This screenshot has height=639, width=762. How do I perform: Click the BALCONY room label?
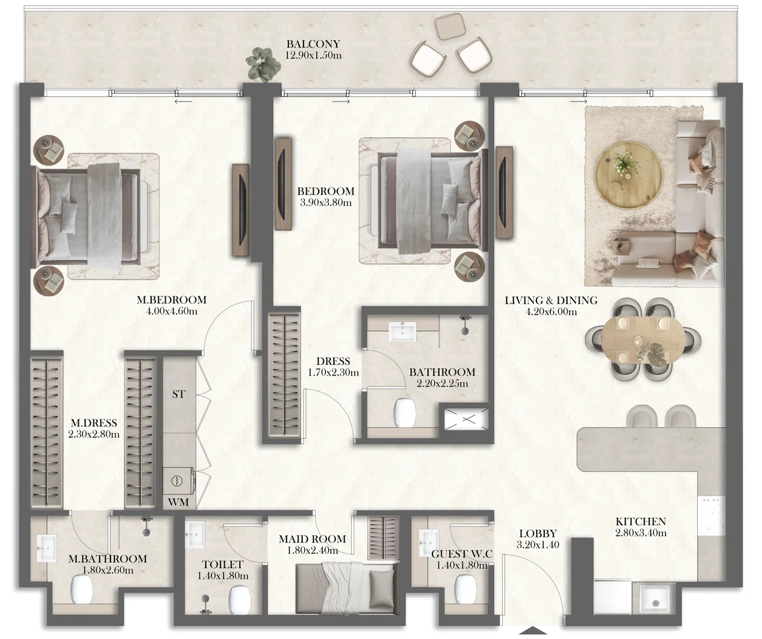313,44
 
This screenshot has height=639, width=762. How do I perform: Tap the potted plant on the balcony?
263,64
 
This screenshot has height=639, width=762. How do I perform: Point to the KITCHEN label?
640,522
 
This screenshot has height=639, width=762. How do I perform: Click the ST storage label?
179,394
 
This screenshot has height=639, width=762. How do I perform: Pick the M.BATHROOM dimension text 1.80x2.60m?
107,570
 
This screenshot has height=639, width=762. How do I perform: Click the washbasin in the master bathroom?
46,548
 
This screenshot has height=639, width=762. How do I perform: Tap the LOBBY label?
537,534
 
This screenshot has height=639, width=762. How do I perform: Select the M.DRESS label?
93,423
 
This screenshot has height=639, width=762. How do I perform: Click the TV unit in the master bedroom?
241,209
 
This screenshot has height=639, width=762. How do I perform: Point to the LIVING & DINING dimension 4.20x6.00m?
550,312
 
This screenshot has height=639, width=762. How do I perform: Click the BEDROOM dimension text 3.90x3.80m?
325,202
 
